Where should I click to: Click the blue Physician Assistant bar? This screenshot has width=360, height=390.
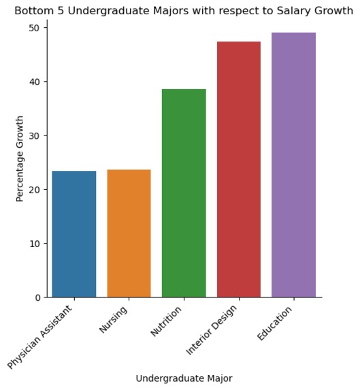(x=74, y=234)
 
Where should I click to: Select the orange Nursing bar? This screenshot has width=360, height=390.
(x=129, y=233)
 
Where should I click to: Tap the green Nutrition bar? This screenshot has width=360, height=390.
(x=184, y=193)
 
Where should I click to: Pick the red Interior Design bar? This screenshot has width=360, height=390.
(x=239, y=169)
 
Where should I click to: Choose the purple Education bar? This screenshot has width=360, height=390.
(x=293, y=165)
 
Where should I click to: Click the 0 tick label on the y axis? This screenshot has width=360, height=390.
(x=37, y=297)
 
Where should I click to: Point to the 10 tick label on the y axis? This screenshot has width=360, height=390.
(x=35, y=244)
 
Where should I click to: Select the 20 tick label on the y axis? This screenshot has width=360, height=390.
(x=35, y=189)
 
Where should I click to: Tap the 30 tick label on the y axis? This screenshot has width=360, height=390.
(x=35, y=135)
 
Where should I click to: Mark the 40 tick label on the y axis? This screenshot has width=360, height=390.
(x=35, y=82)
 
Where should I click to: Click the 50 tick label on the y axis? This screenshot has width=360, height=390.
(x=35, y=28)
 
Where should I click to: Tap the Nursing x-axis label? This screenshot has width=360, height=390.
(x=114, y=320)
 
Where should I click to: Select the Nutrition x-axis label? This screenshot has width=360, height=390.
(x=166, y=322)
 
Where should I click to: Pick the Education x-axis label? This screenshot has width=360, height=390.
(x=274, y=324)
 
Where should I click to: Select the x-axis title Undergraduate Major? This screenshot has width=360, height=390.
(x=184, y=378)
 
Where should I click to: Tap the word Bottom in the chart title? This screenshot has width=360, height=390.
(x=32, y=11)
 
